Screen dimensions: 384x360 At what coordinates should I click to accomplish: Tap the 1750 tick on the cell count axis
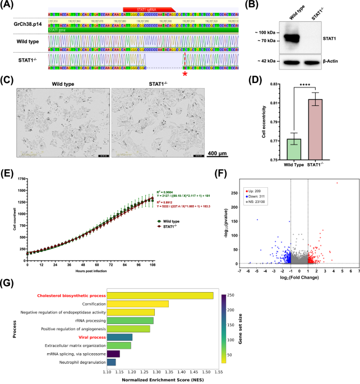tap(20, 179)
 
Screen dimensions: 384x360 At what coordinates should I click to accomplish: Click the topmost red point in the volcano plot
tap(337, 183)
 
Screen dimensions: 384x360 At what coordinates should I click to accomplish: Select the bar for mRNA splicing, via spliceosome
tap(113, 354)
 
